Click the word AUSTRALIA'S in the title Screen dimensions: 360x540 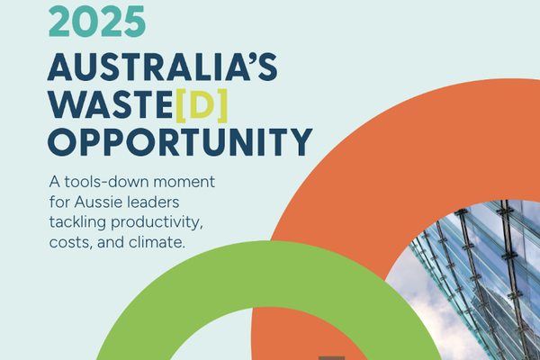(x=162, y=68)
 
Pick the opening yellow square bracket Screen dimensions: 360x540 (x=183, y=105)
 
